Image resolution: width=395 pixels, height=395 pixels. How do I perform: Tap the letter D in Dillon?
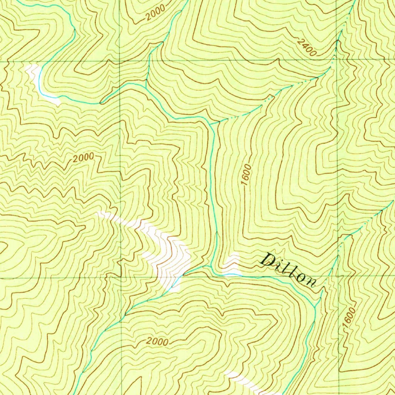tap(267, 260)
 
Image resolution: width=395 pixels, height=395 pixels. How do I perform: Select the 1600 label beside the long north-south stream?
tap(247, 174)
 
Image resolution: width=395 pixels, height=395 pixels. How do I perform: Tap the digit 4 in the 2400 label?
tap(304, 44)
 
